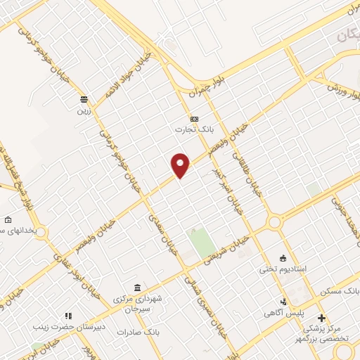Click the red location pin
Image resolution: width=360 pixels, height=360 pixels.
181,165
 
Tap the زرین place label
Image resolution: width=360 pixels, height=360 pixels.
84,110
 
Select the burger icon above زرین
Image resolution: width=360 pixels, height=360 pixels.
84,99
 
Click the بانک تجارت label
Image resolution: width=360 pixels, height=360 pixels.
193,130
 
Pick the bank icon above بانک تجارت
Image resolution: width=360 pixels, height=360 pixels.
194,119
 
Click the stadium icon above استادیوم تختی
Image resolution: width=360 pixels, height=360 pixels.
283,257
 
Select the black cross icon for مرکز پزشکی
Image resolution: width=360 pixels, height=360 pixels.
322,319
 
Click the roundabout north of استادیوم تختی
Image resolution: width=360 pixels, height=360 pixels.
274,223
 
